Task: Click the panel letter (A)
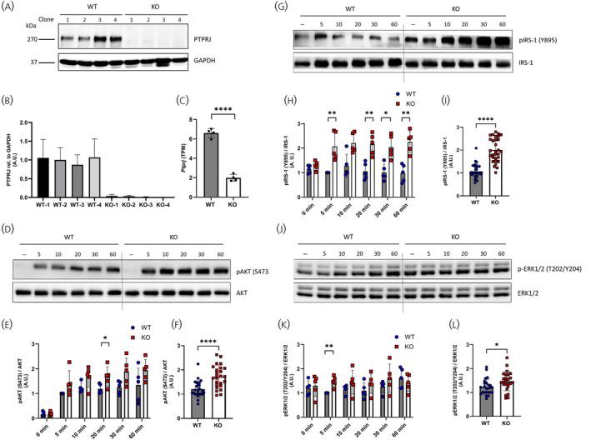click(x=11, y=7)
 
